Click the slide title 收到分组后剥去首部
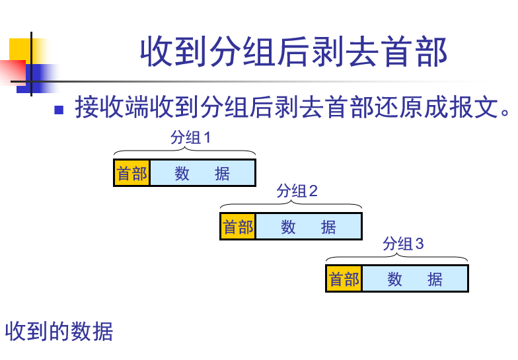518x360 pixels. (x=293, y=52)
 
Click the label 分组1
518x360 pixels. (x=190, y=138)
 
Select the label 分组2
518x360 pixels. (x=297, y=191)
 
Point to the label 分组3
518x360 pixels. (x=403, y=244)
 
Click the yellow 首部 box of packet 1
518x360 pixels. (x=132, y=173)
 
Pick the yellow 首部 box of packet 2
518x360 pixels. (x=238, y=227)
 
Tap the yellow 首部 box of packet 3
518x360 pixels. (x=344, y=279)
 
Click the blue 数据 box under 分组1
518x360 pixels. (x=202, y=173)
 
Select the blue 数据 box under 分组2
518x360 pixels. (x=309, y=227)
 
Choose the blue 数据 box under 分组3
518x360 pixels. (x=415, y=279)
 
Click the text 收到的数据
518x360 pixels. (x=59, y=331)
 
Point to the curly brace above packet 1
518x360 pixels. (x=184, y=152)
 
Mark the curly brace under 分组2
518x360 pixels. (x=291, y=205)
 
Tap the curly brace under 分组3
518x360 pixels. (x=397, y=258)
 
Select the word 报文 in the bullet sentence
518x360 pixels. (x=471, y=107)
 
